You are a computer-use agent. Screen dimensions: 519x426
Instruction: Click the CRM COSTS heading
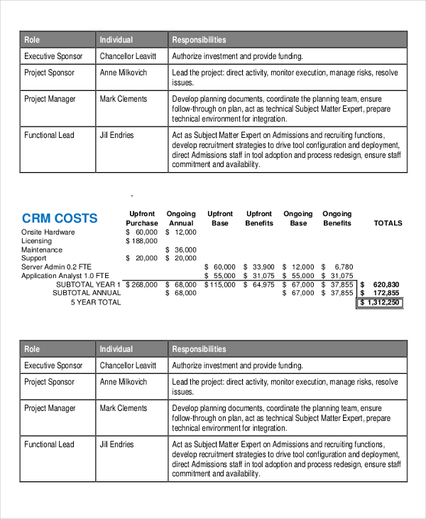[x=60, y=218]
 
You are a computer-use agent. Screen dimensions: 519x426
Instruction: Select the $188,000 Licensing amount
[x=142, y=241]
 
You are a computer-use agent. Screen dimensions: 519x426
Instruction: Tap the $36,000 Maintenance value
[x=181, y=250]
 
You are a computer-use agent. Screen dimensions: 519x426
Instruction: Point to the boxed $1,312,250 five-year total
[x=380, y=302]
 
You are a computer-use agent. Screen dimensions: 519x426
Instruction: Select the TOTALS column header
[x=388, y=223]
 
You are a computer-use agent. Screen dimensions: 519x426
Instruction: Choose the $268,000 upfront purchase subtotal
[x=142, y=284]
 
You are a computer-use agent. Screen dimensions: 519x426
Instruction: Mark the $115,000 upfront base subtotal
[x=220, y=284]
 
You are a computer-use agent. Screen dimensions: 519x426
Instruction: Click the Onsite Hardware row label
[x=48, y=232]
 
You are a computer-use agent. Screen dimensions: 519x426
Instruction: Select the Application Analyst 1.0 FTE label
[x=65, y=276]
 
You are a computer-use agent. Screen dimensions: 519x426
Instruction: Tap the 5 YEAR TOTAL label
[x=96, y=302]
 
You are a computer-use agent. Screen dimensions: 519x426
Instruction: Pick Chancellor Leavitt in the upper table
[x=129, y=56]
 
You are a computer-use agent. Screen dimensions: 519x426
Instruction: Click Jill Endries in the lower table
[x=116, y=444]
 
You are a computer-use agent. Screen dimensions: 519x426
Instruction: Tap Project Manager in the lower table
[x=50, y=408]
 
